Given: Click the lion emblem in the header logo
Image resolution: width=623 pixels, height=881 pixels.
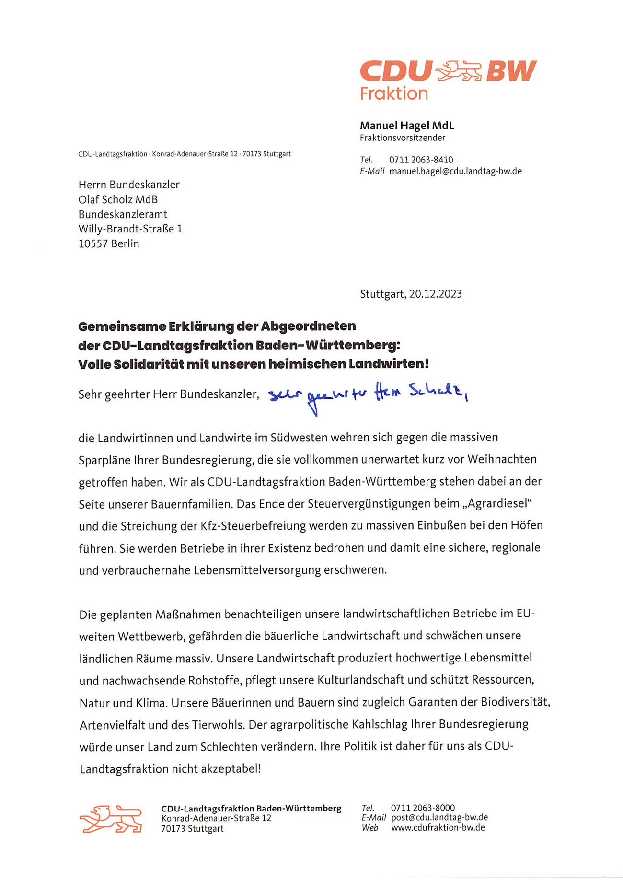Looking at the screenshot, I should pyautogui.click(x=458, y=71).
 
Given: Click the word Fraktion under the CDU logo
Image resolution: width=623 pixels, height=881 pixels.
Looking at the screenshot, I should pyautogui.click(x=393, y=93).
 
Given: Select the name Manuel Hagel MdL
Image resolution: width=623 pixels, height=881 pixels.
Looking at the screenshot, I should pyautogui.click(x=406, y=126).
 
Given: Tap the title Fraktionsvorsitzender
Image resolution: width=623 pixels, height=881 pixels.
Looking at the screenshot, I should pyautogui.click(x=402, y=138).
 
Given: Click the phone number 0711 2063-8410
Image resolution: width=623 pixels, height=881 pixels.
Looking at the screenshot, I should pyautogui.click(x=421, y=160).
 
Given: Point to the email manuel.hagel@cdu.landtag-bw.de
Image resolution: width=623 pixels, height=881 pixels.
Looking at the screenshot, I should pyautogui.click(x=455, y=171).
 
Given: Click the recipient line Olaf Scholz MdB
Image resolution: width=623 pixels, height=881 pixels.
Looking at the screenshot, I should pyautogui.click(x=118, y=199).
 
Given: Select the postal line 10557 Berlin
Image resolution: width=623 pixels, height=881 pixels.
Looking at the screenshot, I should pyautogui.click(x=109, y=243).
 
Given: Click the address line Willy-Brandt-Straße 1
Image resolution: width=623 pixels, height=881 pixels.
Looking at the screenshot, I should pyautogui.click(x=130, y=229).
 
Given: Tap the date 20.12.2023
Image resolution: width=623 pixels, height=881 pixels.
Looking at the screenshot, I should pyautogui.click(x=435, y=294).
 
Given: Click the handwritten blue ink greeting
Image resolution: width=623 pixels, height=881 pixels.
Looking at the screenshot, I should pyautogui.click(x=367, y=396).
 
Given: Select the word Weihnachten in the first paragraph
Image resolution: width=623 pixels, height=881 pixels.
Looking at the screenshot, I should pyautogui.click(x=502, y=459).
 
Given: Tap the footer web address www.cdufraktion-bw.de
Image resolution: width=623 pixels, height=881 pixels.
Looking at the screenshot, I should pyautogui.click(x=438, y=828).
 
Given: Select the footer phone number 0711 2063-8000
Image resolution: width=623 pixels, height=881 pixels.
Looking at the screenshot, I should pyautogui.click(x=423, y=808).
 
